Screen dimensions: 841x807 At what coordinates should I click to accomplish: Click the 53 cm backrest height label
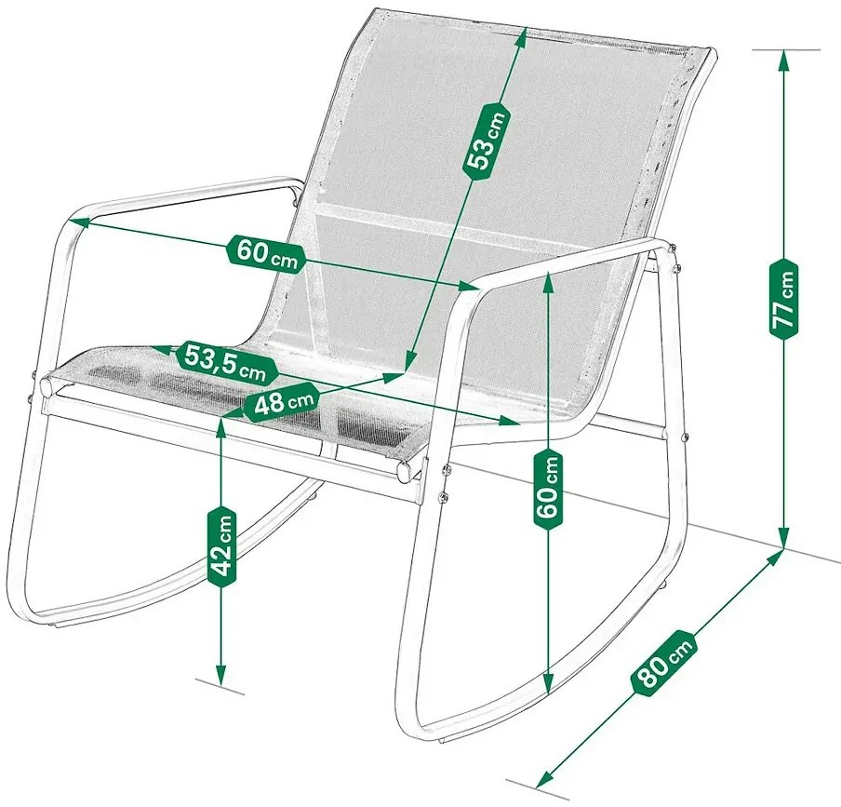pos(485,138)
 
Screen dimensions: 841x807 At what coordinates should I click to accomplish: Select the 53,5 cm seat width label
pos(226,361)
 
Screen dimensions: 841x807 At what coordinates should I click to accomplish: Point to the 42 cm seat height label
pos(221,545)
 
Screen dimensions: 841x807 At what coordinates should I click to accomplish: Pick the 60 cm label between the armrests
pos(265,253)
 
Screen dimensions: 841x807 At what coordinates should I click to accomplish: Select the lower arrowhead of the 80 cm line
pos(545,777)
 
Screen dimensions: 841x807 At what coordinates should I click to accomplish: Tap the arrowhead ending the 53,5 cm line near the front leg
pos(509,423)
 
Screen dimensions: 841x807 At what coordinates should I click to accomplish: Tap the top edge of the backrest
pos(541,30)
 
